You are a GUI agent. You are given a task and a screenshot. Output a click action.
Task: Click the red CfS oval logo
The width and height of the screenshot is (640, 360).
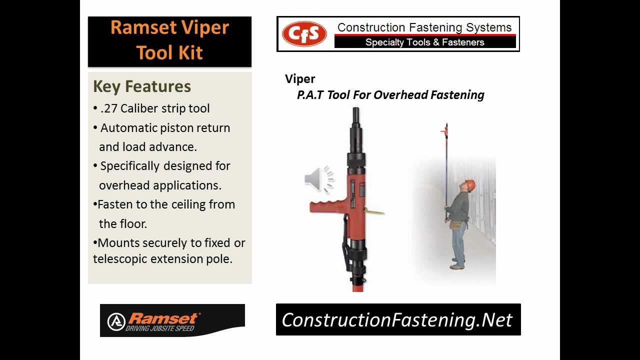(x=304, y=34)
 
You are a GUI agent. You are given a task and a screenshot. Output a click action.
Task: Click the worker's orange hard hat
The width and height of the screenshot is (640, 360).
(x=470, y=185)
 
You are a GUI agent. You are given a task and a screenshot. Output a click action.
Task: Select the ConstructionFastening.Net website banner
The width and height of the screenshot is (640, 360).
(x=397, y=319)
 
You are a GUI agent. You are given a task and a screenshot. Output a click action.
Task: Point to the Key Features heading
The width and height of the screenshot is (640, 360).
(x=142, y=86)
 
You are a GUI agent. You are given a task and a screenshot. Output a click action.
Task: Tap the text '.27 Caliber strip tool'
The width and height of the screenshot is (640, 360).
(x=155, y=108)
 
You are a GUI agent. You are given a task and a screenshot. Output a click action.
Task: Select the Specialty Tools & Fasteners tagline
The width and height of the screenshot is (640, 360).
(x=424, y=42)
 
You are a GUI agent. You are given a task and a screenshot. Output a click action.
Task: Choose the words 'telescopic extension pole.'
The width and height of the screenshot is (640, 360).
(x=162, y=259)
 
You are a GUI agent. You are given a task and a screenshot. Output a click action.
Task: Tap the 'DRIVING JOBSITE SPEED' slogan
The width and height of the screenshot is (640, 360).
(x=159, y=328)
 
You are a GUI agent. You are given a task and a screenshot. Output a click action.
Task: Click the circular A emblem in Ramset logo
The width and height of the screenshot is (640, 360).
(x=116, y=321)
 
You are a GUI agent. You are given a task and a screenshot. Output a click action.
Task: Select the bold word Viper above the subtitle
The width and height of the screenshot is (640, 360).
(x=300, y=79)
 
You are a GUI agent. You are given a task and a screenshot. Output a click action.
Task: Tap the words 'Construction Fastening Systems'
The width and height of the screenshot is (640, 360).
(x=424, y=27)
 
